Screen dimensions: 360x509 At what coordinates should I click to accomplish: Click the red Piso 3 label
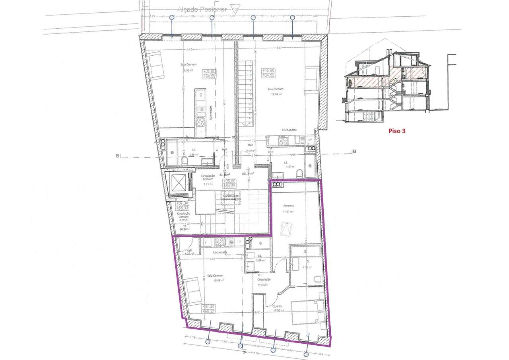(x=397, y=130)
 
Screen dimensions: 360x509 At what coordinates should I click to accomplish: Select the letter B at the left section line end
(x=117, y=156)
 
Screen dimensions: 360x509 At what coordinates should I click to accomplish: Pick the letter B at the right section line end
(x=354, y=151)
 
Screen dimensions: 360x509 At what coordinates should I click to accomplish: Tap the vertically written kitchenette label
(x=210, y=113)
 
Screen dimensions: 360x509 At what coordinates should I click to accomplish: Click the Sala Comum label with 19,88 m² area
(x=215, y=276)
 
